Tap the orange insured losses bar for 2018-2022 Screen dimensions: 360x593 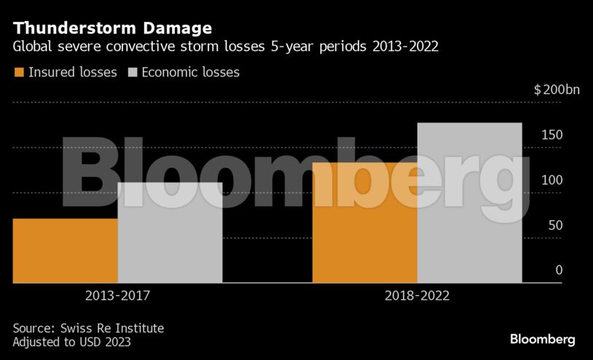click(364, 222)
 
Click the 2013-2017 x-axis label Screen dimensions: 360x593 click(117, 297)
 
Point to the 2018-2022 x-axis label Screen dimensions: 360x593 click(417, 297)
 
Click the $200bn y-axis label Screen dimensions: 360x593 click(557, 90)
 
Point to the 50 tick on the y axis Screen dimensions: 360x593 click(555, 226)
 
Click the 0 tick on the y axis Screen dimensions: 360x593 click(559, 270)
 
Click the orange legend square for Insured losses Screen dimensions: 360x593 click(19, 72)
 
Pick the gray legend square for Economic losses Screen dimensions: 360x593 click(133, 72)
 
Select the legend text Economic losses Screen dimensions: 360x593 click(190, 72)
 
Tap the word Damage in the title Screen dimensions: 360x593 click(176, 28)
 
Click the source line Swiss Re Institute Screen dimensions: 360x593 click(88, 328)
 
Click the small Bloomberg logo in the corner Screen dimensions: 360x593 click(542, 340)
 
